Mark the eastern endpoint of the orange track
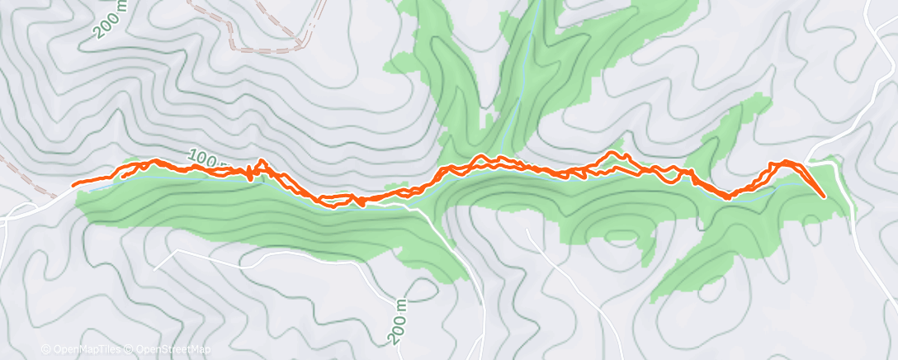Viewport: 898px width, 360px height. pyautogui.click(x=824, y=197)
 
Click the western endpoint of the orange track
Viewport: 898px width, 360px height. pyautogui.click(x=74, y=185)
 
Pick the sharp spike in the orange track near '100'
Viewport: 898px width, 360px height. pyautogui.click(x=262, y=162)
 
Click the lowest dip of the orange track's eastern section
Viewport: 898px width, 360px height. pyautogui.click(x=727, y=197)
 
